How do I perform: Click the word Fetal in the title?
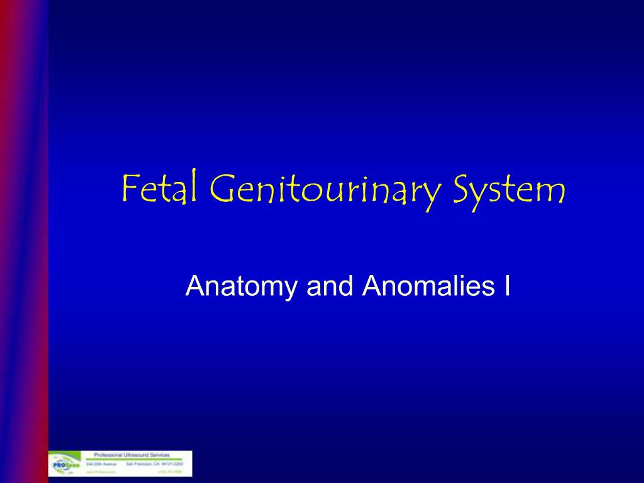[159, 188]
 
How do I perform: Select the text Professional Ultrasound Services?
[132, 455]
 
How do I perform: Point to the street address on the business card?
[101, 464]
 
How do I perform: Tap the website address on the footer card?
[101, 472]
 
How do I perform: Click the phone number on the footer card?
[170, 472]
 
